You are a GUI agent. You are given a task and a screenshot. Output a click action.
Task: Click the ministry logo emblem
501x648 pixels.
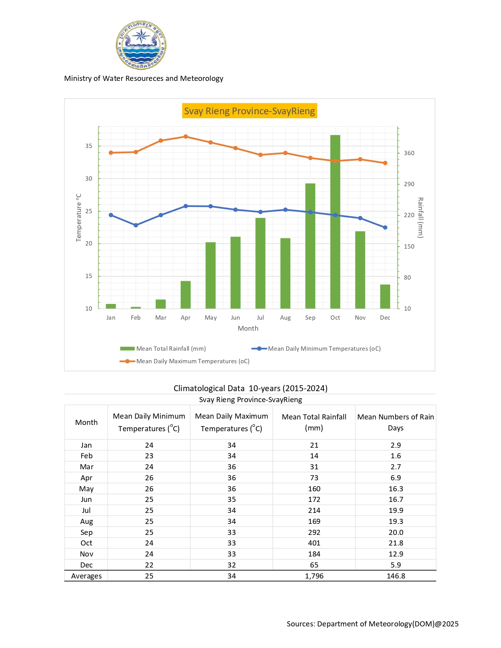tap(141, 45)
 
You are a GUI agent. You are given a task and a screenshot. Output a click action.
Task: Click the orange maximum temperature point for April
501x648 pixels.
tap(185, 137)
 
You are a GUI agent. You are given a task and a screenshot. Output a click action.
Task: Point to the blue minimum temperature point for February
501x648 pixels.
tap(136, 225)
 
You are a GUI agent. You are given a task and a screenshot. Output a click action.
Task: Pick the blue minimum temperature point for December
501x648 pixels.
tap(385, 227)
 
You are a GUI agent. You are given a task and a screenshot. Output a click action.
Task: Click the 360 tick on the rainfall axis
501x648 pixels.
tap(409, 153)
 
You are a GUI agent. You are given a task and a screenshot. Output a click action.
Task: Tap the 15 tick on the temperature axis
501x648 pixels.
tap(89, 276)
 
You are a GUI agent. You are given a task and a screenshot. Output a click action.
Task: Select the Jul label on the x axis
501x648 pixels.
tap(260, 318)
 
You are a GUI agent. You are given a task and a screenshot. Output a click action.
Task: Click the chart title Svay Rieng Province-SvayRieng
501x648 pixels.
tap(250, 111)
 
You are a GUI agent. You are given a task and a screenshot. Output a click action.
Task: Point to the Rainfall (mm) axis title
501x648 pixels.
tap(420, 218)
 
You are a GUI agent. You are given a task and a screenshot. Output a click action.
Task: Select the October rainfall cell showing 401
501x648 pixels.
tap(314, 543)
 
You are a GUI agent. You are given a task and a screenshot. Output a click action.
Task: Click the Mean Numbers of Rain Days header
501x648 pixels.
tap(395, 422)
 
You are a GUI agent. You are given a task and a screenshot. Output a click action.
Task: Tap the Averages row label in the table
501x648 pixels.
tap(86, 576)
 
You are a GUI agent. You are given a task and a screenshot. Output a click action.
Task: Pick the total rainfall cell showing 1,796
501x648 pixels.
tap(314, 576)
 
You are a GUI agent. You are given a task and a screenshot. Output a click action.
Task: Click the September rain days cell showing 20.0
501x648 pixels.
tap(396, 533)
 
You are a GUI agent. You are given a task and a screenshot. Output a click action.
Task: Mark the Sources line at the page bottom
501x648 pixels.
tap(373, 624)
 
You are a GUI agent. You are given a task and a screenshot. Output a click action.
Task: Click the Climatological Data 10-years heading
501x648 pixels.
tap(250, 388)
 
